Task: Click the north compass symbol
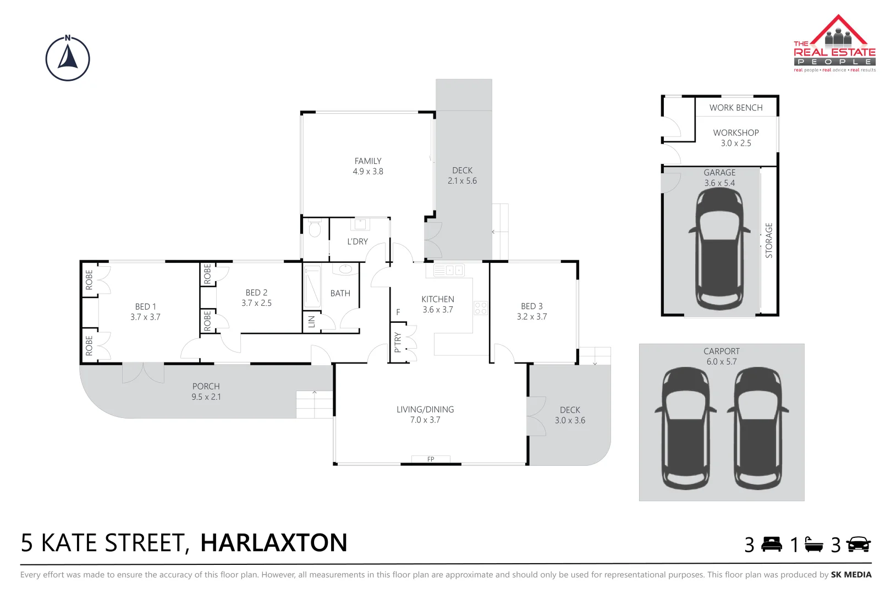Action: (68, 59)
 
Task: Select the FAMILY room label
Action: (368, 161)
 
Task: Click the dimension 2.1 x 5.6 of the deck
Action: (462, 181)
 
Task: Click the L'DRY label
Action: (358, 241)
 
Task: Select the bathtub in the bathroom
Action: (312, 287)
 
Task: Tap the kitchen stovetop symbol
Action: (480, 308)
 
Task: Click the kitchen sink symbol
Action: (449, 270)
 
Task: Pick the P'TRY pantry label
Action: (398, 342)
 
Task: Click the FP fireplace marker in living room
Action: (431, 459)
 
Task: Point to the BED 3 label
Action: (532, 306)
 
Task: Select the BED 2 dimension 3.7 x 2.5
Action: (256, 303)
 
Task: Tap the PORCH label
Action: (206, 387)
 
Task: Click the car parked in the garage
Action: (719, 250)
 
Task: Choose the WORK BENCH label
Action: (736, 108)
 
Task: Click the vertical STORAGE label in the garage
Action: (769, 240)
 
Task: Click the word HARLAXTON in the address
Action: (274, 543)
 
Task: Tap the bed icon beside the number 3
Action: (772, 544)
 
